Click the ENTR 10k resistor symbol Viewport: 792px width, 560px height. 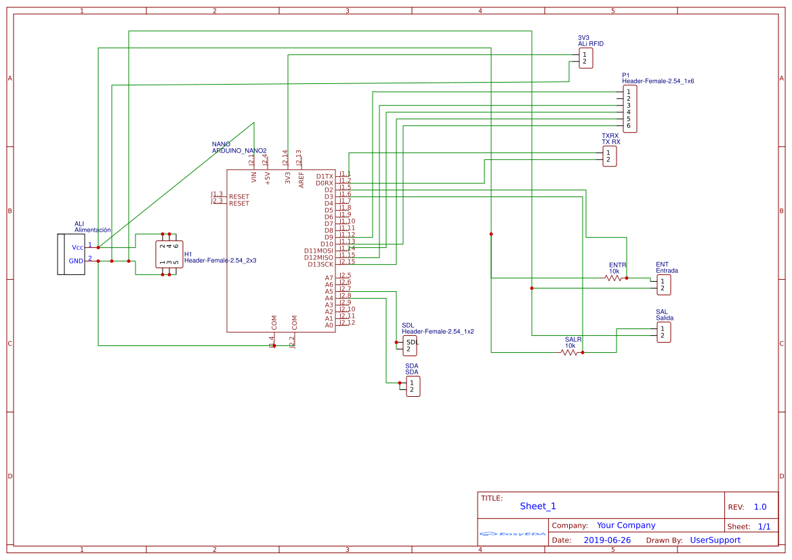tap(614, 278)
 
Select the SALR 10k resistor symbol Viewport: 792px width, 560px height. tap(570, 352)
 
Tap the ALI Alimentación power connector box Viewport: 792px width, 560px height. tap(70, 254)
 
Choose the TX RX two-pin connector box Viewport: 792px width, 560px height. tap(609, 156)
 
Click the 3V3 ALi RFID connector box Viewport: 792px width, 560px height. tap(585, 58)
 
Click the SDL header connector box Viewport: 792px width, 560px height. tap(411, 346)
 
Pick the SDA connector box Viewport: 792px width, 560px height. tap(412, 386)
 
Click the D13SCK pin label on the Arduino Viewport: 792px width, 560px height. tap(320, 264)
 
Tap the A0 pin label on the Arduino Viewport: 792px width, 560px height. tap(329, 325)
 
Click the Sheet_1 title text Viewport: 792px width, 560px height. tap(538, 506)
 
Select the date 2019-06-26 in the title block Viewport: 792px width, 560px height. tap(607, 540)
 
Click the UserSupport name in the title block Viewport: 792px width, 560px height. tap(715, 540)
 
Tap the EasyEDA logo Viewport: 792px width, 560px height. tap(513, 534)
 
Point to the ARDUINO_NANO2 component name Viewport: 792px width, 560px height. tap(239, 150)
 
